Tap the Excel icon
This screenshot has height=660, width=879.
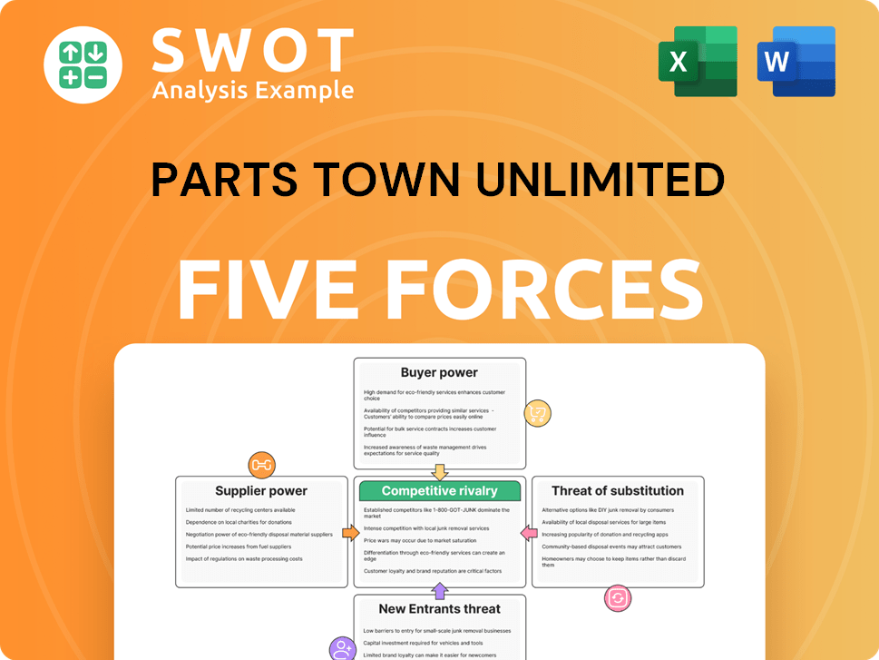coord(698,62)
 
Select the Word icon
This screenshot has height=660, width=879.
coord(796,62)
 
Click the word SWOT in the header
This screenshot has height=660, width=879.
coord(252,50)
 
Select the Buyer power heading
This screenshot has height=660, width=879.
coord(439,372)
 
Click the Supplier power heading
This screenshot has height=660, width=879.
coord(261,491)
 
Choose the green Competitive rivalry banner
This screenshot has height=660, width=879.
coord(440,491)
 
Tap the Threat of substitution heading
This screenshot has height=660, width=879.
coord(618,491)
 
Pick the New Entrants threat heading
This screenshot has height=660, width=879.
coord(439,608)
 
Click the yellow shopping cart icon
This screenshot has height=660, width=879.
coord(537,414)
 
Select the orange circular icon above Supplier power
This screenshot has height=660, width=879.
coord(261,465)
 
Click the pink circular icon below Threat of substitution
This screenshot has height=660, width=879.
coord(618,598)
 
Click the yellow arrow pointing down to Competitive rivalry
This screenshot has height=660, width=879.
coord(440,471)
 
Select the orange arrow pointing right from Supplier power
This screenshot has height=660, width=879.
coord(350,533)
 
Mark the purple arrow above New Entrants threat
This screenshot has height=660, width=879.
coord(440,592)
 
